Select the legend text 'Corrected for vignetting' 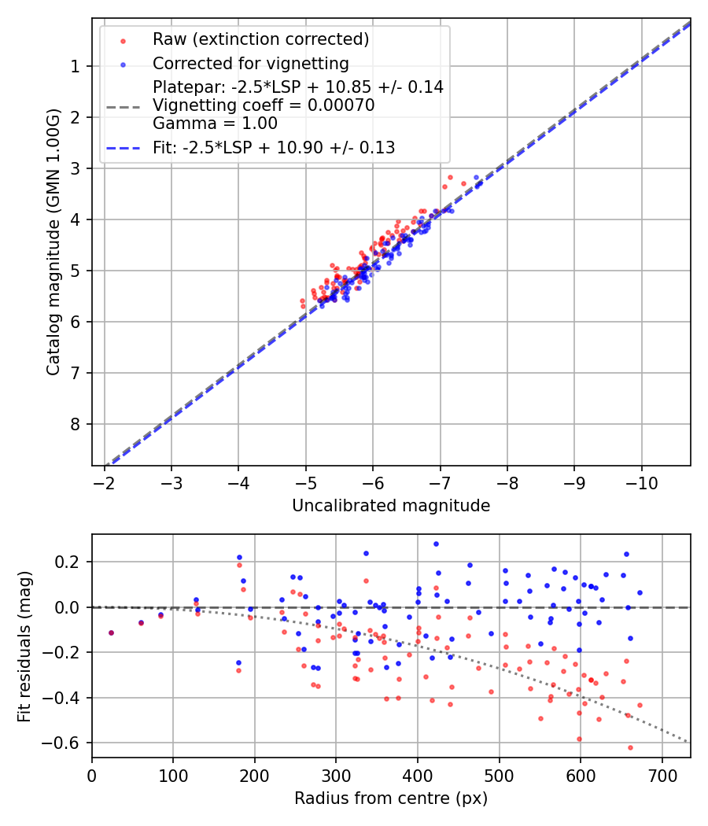(250, 63)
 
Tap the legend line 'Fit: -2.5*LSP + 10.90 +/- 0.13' (123, 147)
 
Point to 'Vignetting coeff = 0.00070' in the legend (263, 105)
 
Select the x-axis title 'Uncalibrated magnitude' (391, 506)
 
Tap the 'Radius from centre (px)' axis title (391, 798)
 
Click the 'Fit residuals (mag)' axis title (24, 646)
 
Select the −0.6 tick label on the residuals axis (65, 743)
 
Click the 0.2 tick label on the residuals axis (69, 562)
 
